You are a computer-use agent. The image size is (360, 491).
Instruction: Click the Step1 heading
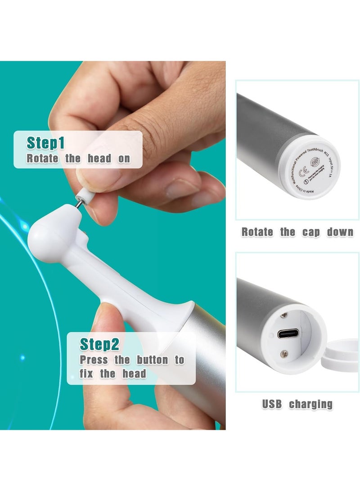pyautogui.click(x=45, y=143)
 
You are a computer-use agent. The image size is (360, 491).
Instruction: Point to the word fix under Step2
pyautogui.click(x=87, y=374)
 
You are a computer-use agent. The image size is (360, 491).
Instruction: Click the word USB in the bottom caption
pyautogui.click(x=272, y=404)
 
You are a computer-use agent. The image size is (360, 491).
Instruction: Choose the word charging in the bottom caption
pyautogui.click(x=310, y=404)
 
